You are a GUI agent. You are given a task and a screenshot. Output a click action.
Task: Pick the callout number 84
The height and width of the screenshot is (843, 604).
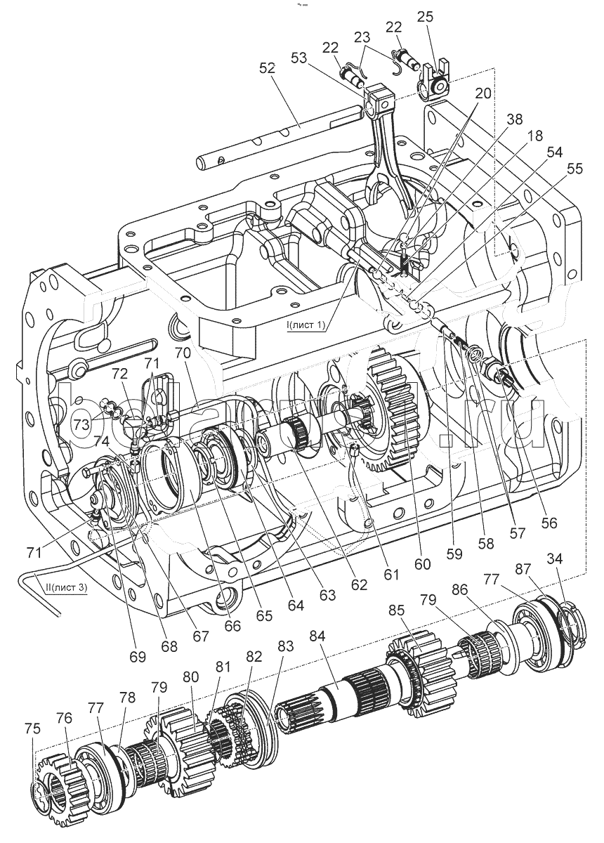tap(317, 637)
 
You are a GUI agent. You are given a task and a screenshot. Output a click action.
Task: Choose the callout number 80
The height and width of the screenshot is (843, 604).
tap(190, 679)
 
